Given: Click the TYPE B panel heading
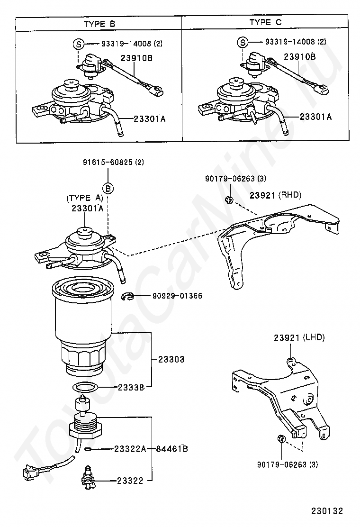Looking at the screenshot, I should (99, 23).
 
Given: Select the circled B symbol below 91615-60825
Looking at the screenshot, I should (108, 189).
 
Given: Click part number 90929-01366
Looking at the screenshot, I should (177, 296).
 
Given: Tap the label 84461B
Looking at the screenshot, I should (172, 448).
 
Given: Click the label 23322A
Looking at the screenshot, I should (130, 448).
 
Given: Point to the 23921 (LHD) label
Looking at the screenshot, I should (299, 338).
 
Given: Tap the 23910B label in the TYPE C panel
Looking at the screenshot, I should (299, 56).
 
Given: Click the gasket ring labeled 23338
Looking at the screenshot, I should (86, 388).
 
